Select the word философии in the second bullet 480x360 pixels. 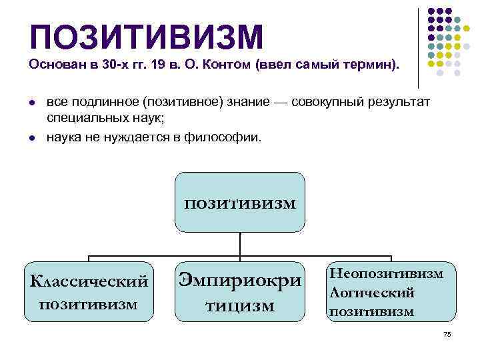(x=227, y=138)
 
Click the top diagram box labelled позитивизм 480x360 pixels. (x=239, y=202)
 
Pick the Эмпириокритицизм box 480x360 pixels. (x=239, y=292)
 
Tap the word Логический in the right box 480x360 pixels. (x=372, y=292)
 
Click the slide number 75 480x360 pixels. (x=447, y=335)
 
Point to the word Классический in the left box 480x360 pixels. (x=89, y=281)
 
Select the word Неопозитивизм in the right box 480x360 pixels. (x=386, y=273)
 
